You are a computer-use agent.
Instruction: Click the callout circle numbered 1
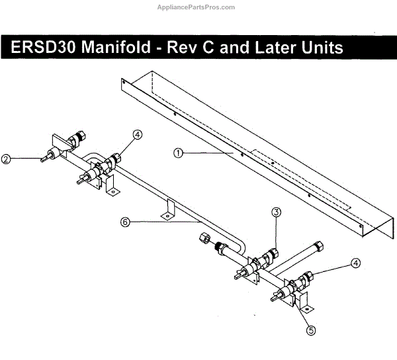[x=178, y=152]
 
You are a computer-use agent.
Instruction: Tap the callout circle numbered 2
[x=5, y=159]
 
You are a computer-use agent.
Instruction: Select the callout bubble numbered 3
[x=277, y=212]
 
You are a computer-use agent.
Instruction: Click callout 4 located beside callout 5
[x=356, y=263]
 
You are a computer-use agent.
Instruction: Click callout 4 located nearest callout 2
[x=137, y=134]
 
